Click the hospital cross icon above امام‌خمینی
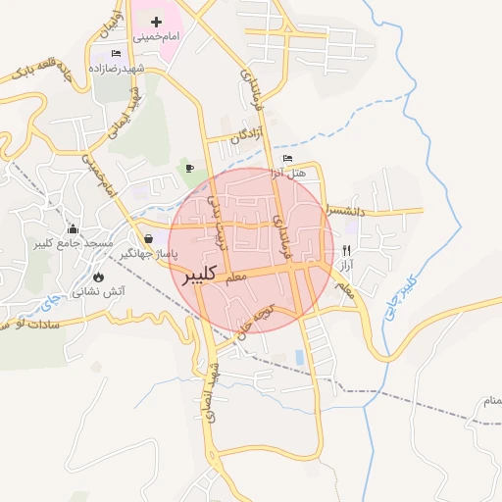pos(156,21)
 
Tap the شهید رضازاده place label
pos(144,69)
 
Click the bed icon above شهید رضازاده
pos(117,53)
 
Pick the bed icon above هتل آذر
pos(287,158)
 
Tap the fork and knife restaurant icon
pos(346,251)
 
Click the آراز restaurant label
pos(346,266)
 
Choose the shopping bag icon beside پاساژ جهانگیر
pos(148,238)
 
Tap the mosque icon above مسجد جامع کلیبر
pos(73,228)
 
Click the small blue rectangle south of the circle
pos(298,357)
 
